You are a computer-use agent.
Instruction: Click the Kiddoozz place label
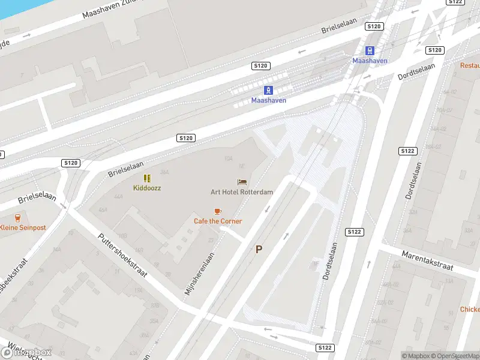point(147,188)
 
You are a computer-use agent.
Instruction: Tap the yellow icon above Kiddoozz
point(147,178)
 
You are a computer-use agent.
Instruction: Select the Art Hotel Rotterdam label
point(242,192)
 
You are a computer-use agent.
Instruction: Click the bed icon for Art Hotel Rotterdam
point(242,182)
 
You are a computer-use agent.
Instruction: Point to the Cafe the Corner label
point(218,221)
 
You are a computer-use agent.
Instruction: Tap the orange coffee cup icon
point(218,211)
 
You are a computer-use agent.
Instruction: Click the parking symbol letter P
point(259,250)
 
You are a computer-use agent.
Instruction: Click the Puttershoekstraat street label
point(122,254)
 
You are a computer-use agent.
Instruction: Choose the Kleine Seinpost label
point(23,227)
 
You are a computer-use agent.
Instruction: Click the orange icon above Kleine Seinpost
point(17,218)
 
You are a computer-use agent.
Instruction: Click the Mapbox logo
point(26,352)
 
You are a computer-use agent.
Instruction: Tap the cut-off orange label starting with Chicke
point(470,310)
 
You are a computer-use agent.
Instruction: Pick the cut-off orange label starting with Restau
point(470,65)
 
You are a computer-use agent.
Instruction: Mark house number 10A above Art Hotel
point(228,159)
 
